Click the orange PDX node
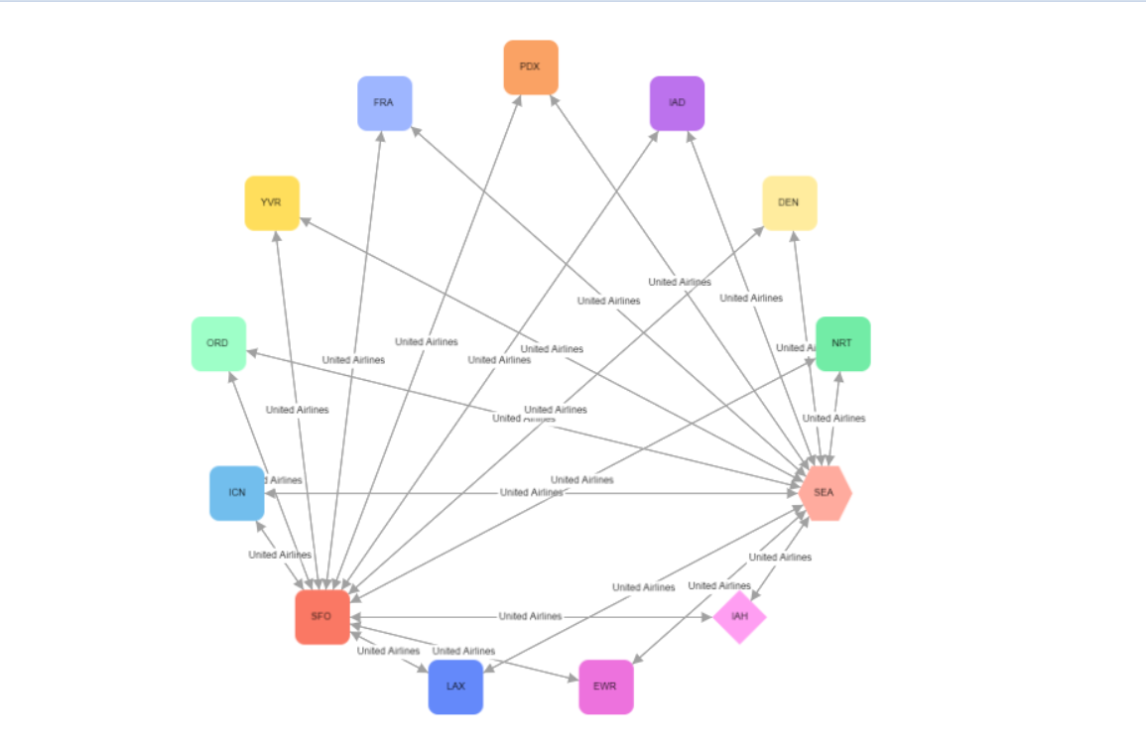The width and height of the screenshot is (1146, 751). (531, 67)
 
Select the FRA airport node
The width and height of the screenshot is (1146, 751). (384, 103)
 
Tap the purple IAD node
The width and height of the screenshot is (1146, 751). (678, 103)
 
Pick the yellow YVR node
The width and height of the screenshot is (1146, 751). (272, 203)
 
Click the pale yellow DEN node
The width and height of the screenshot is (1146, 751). (789, 203)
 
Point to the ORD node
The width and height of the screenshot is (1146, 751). (218, 344)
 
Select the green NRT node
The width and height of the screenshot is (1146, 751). (842, 344)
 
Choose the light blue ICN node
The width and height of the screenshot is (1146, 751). (237, 493)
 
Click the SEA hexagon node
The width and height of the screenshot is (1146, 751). (826, 493)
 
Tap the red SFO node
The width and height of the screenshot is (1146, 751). (321, 617)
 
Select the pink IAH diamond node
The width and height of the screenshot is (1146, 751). (739, 617)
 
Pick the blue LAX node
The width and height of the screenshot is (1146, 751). (455, 687)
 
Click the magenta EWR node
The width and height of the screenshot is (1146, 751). (606, 687)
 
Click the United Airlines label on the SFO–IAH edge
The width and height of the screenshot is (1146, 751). (530, 617)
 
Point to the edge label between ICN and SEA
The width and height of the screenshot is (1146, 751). (532, 493)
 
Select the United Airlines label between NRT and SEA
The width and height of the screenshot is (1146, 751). (833, 419)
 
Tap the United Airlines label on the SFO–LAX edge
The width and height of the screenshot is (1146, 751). (388, 652)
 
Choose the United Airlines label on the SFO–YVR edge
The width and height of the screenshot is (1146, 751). (297, 410)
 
